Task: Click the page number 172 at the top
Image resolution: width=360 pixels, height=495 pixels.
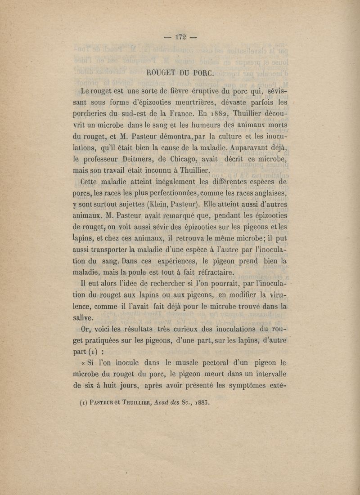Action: coord(180,37)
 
